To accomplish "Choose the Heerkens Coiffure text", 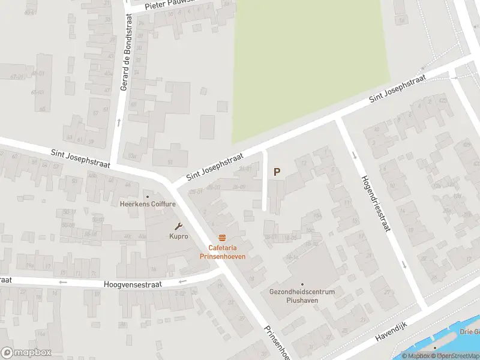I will tap(148, 204).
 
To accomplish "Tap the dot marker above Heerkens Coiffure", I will tap(148, 196).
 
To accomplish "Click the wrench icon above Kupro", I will tap(178, 226).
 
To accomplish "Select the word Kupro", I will tap(178, 236).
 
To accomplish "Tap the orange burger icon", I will tap(223, 238).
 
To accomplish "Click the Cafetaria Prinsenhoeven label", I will tap(223, 253).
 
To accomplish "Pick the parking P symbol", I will tap(277, 172).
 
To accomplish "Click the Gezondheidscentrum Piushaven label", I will tap(302, 296).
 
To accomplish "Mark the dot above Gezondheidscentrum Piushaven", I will tap(302, 284).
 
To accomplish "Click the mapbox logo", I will tap(26, 353).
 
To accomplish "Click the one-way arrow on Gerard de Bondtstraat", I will tap(119, 122).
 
